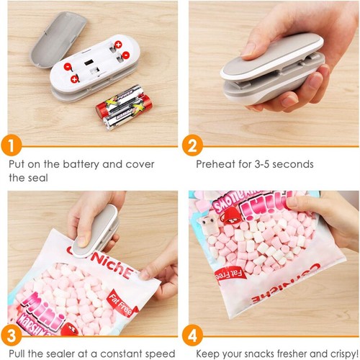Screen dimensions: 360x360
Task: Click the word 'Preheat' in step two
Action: (x=217, y=164)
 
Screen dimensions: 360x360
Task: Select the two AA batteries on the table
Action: (x=120, y=106)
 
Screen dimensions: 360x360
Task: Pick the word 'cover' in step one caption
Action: (x=138, y=164)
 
